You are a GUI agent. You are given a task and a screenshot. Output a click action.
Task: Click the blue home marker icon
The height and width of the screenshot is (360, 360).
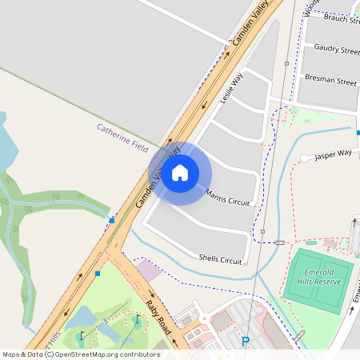click(180, 172)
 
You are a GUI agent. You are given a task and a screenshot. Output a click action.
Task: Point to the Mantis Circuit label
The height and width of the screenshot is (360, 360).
click(227, 198)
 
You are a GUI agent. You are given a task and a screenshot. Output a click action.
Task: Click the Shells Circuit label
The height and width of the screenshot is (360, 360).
click(220, 260)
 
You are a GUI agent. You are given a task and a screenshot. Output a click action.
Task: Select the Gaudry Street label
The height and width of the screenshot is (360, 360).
click(337, 50)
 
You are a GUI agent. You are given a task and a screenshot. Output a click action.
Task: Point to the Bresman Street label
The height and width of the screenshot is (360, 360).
click(330, 81)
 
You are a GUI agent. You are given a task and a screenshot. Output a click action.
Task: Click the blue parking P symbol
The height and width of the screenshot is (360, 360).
click(246, 342)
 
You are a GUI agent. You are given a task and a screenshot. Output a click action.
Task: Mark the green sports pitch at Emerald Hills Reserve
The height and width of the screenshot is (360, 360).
click(318, 280)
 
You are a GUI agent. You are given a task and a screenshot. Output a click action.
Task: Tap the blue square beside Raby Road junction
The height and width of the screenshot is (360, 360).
click(98, 274)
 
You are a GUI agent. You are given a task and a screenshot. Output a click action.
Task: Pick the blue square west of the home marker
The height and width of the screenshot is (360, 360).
click(112, 220)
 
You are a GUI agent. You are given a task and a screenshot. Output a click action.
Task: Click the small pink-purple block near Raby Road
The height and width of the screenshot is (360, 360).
click(149, 270)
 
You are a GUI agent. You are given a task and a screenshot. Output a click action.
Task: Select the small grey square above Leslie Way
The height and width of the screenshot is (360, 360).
click(286, 63)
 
